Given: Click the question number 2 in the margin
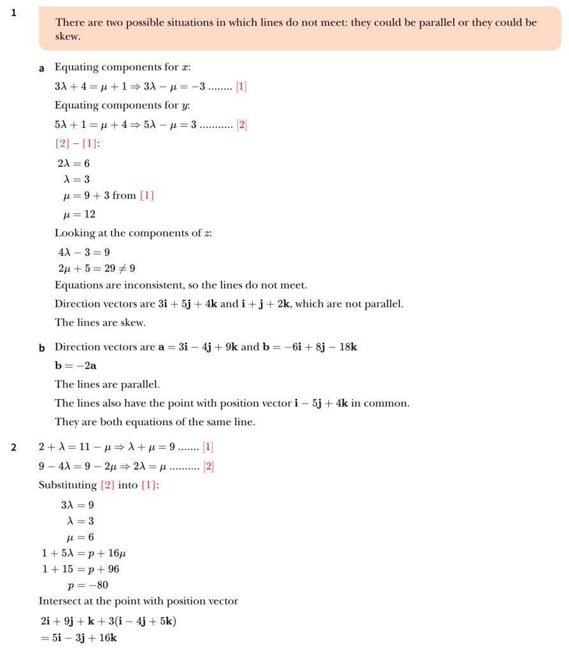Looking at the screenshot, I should coord(13,447).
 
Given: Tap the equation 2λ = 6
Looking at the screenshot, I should coord(74,163).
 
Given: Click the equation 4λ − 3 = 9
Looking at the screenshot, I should coord(84,252).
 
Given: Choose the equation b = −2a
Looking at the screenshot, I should coord(76,366).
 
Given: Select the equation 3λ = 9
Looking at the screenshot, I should coord(78,505).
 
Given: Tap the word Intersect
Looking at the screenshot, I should coord(60,601).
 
